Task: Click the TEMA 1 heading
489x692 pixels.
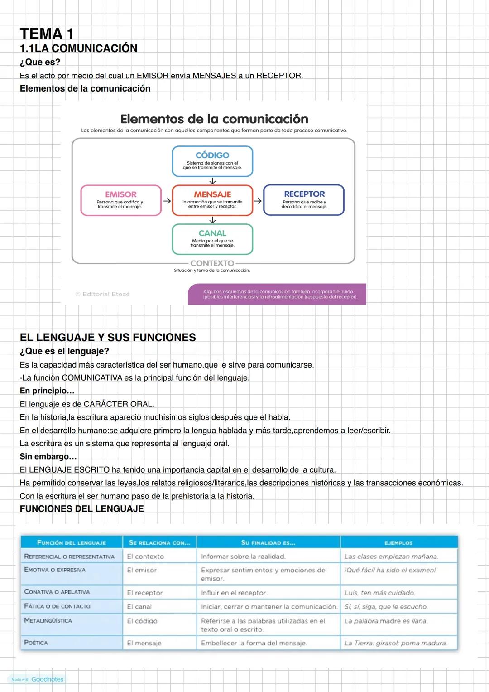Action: pos(47,34)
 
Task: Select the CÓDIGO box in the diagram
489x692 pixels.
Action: pos(212,161)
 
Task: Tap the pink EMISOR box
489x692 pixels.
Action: pos(121,200)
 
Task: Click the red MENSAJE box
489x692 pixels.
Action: pos(212,200)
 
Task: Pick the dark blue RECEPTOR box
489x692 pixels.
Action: pos(304,200)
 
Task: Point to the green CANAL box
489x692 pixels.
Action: pos(212,239)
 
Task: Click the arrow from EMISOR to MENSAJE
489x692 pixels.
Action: pos(167,200)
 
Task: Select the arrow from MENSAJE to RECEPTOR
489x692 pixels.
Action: pos(258,200)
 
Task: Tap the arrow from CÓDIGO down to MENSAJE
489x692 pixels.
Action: pos(212,181)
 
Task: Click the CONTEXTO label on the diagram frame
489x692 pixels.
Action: pos(212,263)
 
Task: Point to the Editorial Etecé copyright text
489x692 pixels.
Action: pos(103,294)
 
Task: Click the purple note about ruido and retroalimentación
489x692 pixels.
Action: pos(277,294)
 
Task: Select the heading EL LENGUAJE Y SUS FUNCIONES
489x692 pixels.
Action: pos(108,337)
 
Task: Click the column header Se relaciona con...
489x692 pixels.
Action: pos(159,542)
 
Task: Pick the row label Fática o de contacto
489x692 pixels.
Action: pos(57,606)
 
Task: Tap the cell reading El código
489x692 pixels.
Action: pos(142,621)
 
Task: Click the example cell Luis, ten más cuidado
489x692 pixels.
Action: pos(379,593)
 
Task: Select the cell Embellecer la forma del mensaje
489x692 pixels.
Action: pos(254,643)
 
